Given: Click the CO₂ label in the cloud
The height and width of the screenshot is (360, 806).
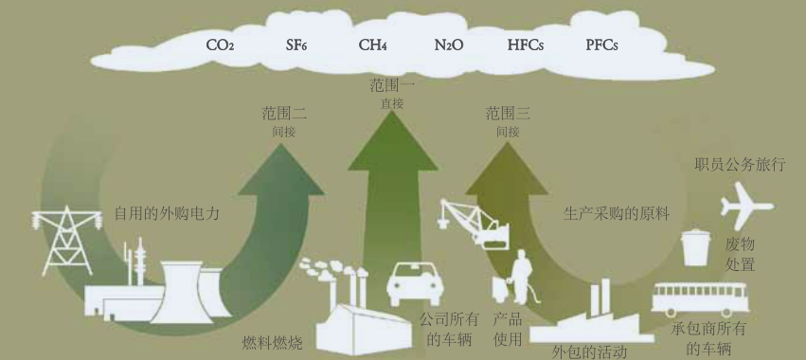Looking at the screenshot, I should pyautogui.click(x=221, y=45).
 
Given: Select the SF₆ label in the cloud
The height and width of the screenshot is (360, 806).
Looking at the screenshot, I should pyautogui.click(x=296, y=45).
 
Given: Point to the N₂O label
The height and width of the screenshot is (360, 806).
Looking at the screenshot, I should pyautogui.click(x=449, y=45).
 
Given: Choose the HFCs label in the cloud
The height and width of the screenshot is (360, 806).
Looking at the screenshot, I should pyautogui.click(x=526, y=45).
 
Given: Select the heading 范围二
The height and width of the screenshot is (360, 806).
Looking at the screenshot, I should pyautogui.click(x=284, y=114).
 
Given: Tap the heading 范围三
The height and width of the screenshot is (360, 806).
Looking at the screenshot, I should pyautogui.click(x=508, y=114).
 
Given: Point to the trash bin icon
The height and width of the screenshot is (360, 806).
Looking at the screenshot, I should pyautogui.click(x=696, y=246).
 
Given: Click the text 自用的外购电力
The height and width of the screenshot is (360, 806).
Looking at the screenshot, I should pyautogui.click(x=167, y=213).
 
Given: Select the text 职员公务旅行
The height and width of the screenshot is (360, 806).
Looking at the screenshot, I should pyautogui.click(x=741, y=165).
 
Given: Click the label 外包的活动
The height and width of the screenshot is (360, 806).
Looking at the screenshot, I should pyautogui.click(x=589, y=351).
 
